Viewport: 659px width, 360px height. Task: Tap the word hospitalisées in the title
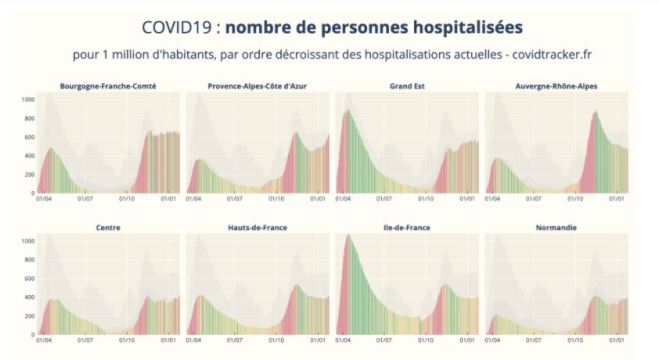pos(466,25)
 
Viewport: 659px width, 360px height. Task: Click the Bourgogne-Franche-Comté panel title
pos(108,86)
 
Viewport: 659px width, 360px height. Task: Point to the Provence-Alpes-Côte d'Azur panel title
pos(257,86)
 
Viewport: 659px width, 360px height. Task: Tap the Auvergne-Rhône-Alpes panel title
pos(556,86)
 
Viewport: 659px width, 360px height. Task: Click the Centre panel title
pos(108,228)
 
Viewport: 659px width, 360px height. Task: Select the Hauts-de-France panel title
pos(257,228)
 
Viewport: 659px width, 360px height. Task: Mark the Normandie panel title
pos(556,228)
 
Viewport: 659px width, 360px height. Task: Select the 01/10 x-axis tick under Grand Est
pos(431,198)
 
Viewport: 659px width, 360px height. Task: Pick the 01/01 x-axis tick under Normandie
pos(618,340)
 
